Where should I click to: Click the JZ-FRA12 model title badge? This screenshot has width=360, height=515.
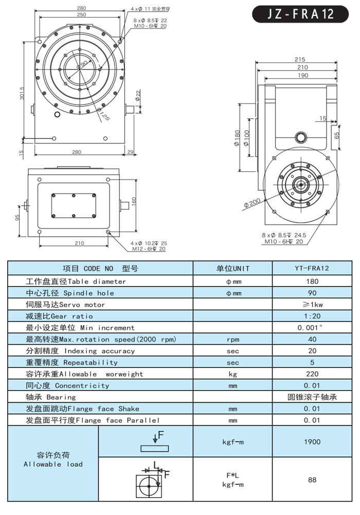(x=301, y=14)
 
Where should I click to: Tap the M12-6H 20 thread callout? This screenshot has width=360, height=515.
(x=148, y=249)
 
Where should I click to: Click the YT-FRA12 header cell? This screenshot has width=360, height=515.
(x=312, y=269)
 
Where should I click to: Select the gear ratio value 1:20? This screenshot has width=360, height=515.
(x=312, y=316)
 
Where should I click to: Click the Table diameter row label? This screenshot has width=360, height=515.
(x=76, y=281)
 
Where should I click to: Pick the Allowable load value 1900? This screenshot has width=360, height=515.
(x=312, y=442)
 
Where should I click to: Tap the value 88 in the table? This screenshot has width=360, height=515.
(x=312, y=480)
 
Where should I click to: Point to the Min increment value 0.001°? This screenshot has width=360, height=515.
(x=312, y=328)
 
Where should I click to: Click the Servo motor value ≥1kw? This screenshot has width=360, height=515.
(x=312, y=305)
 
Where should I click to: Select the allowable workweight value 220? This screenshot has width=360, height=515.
(x=312, y=374)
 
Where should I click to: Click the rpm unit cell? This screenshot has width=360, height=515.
(x=232, y=340)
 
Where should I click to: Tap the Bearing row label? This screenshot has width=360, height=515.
(x=50, y=397)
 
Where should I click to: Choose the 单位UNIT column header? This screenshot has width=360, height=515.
(x=232, y=269)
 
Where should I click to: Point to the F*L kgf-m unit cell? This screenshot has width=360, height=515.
(x=232, y=480)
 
